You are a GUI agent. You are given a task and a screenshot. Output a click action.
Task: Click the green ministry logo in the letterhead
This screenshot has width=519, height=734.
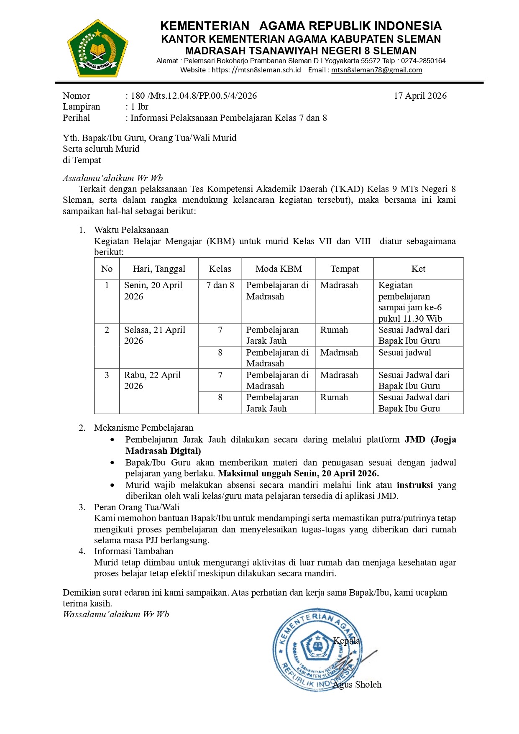tap(97, 49)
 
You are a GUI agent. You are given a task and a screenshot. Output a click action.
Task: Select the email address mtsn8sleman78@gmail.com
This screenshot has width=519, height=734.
tap(376, 70)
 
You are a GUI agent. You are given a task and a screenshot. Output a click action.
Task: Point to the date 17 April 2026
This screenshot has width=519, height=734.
tap(420, 96)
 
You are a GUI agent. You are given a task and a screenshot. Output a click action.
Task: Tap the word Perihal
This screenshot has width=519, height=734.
tap(76, 118)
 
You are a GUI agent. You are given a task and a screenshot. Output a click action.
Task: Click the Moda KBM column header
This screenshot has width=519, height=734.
tap(279, 269)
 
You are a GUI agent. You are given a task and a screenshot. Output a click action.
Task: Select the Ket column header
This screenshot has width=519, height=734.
tap(418, 269)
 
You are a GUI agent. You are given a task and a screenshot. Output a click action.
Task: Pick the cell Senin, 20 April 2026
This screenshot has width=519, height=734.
tap(153, 291)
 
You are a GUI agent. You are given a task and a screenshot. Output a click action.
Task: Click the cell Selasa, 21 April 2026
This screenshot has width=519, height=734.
tap(155, 335)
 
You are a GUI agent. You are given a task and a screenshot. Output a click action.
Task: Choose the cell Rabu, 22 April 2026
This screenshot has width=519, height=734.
tap(153, 381)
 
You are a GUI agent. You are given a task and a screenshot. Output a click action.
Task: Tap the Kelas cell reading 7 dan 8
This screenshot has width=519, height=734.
tap(220, 285)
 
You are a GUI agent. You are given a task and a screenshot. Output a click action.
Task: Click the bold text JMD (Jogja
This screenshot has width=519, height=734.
tap(430, 440)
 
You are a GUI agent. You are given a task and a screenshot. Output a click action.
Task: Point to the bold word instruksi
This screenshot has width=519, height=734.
tap(414, 485)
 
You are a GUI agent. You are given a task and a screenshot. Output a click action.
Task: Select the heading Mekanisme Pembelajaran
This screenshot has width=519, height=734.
tap(143, 428)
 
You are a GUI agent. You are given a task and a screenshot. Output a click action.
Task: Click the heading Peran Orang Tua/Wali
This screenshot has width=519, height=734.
tap(136, 507)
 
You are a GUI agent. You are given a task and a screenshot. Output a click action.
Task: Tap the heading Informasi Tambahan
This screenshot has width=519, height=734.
tap(133, 551)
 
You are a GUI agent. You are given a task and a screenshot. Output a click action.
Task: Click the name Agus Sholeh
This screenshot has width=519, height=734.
tap(358, 685)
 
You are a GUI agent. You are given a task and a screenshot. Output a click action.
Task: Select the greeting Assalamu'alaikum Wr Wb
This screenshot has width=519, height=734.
tap(112, 178)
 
